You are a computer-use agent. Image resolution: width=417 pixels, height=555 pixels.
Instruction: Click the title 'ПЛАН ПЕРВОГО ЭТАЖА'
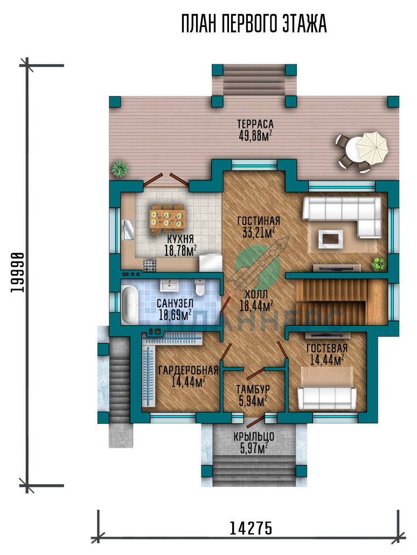pyautogui.click(x=254, y=24)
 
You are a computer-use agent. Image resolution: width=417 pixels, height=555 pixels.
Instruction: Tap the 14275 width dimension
pyautogui.click(x=251, y=529)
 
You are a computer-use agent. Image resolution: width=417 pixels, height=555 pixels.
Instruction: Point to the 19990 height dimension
pyautogui.click(x=17, y=272)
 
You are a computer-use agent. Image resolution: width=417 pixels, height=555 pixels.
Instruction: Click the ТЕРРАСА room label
pyautogui.click(x=255, y=124)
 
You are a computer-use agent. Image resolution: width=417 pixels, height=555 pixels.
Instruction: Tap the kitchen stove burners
pyautogui.click(x=149, y=265)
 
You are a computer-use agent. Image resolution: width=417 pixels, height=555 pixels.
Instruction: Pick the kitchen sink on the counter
pyautogui.click(x=127, y=230)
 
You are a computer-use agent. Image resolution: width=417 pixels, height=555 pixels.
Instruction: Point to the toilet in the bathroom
pyautogui.click(x=200, y=287)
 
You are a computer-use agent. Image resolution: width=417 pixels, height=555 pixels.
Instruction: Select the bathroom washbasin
pyautogui.click(x=171, y=285)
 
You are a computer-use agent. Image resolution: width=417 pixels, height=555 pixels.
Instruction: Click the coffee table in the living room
pyautogui.click(x=331, y=239)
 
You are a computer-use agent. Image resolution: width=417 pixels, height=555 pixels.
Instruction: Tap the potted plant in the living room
pyautogui.click(x=379, y=264)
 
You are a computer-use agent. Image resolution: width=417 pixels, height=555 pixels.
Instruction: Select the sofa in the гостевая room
pyautogui.click(x=326, y=398)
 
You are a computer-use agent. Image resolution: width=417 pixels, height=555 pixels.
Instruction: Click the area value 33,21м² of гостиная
pyautogui.click(x=259, y=232)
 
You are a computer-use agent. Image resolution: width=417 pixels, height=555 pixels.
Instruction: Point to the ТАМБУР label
pyautogui.click(x=253, y=389)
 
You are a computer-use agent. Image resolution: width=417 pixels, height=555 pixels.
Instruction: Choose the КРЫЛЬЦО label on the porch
pyautogui.click(x=254, y=437)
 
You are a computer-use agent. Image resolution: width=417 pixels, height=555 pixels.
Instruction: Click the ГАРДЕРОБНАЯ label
pyautogui.click(x=188, y=370)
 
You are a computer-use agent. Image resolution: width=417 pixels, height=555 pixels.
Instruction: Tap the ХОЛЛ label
pyautogui.click(x=256, y=294)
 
